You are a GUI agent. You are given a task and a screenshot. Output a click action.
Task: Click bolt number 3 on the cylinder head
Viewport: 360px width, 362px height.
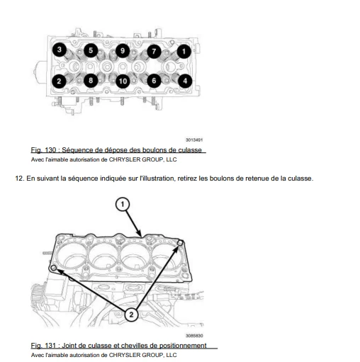60,50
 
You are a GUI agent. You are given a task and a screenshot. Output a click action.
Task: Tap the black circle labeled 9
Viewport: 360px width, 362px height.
123,51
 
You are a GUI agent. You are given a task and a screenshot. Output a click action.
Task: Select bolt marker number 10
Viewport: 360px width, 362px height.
123,81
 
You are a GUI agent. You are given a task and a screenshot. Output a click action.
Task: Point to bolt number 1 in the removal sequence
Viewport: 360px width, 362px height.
184,51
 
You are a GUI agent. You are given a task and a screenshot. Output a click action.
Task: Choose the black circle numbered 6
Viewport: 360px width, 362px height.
154,81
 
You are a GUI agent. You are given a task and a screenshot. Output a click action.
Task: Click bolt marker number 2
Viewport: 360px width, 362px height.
59,81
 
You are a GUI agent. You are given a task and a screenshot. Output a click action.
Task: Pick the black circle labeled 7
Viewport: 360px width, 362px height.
154,51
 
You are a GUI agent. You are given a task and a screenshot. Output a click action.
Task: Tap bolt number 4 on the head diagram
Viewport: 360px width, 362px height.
185,81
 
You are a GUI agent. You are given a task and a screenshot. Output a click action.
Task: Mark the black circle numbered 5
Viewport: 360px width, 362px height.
91,50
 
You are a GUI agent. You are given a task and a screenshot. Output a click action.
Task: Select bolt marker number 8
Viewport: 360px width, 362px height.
91,81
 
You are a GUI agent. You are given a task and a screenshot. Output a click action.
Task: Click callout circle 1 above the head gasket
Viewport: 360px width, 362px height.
123,204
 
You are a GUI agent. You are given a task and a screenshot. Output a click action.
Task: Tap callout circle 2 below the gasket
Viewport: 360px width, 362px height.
131,315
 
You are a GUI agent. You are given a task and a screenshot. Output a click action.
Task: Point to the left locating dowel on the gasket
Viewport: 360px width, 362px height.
54,268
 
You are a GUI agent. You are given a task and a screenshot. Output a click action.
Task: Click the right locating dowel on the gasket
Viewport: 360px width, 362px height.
180,243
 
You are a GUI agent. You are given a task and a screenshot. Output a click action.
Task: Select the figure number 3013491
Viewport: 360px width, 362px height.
194,140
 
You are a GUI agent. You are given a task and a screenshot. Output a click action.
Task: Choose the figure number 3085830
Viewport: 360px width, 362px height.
194,336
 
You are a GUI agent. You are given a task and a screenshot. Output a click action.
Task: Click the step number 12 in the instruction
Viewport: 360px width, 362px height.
19,179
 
